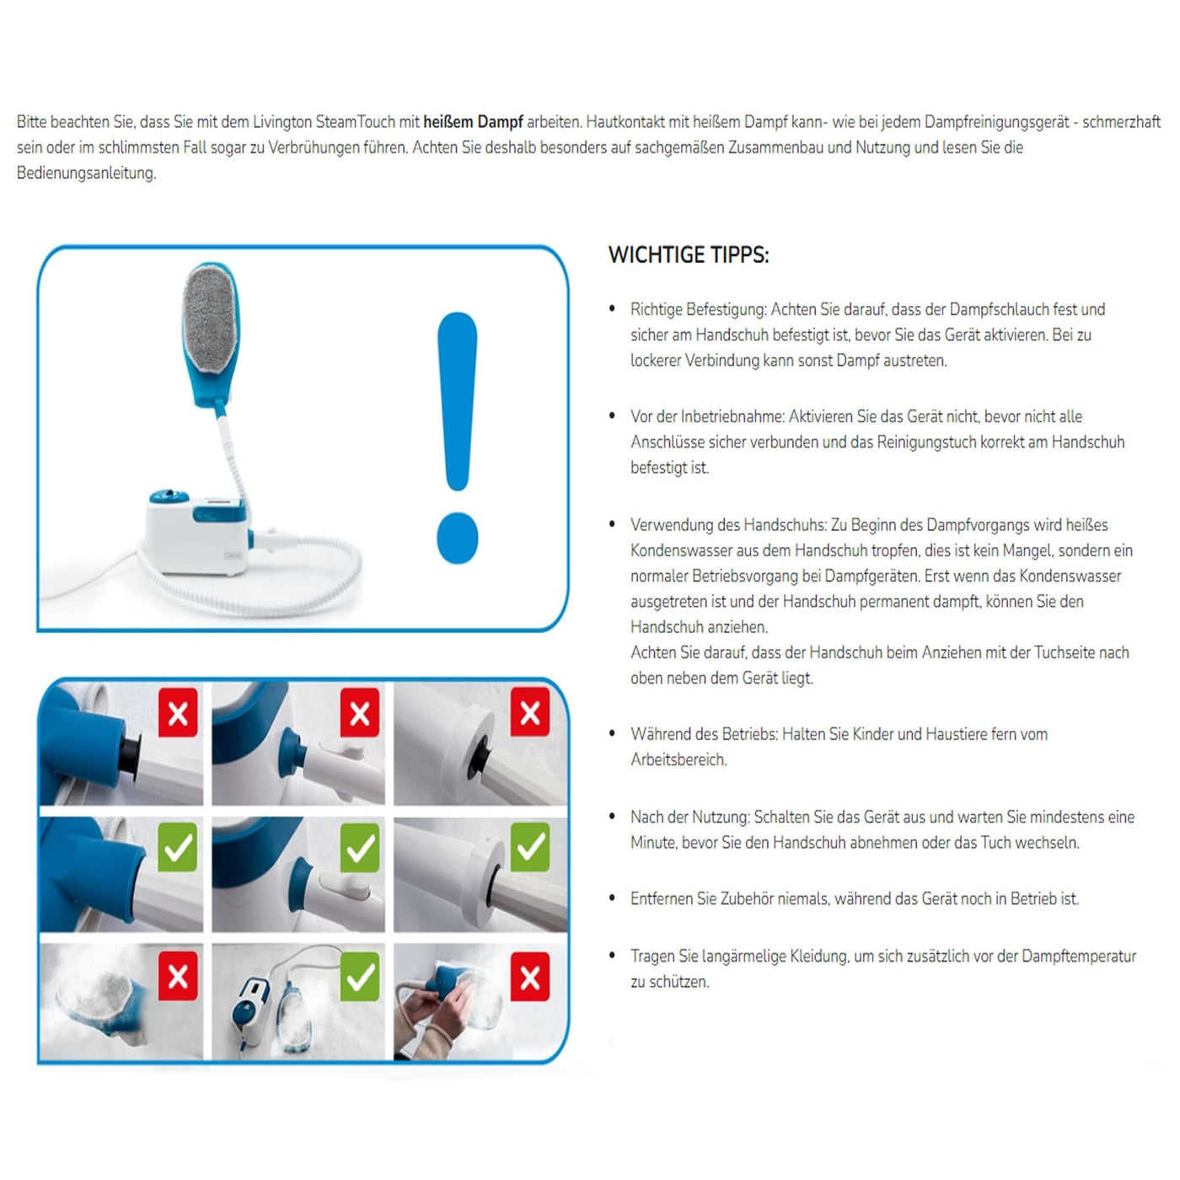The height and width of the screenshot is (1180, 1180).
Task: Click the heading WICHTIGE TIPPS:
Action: click(x=689, y=255)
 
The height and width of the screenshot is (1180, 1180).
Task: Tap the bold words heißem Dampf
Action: click(x=473, y=122)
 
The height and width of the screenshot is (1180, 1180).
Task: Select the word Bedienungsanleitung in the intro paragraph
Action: click(x=86, y=174)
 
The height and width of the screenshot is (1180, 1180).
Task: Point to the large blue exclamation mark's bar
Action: click(x=458, y=400)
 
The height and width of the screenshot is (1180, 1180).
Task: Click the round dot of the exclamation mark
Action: click(x=458, y=538)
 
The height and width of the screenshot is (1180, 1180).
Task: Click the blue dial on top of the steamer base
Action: click(x=169, y=496)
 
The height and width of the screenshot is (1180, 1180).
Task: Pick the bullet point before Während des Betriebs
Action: click(x=613, y=734)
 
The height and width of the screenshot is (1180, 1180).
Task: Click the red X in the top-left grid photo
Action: click(x=178, y=713)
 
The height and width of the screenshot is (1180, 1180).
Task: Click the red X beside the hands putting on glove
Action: click(x=530, y=978)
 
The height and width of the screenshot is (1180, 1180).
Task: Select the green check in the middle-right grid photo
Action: click(x=530, y=847)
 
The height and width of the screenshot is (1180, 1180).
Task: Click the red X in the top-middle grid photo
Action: click(x=360, y=713)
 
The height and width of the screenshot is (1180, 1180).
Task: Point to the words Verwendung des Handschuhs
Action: click(x=728, y=525)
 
